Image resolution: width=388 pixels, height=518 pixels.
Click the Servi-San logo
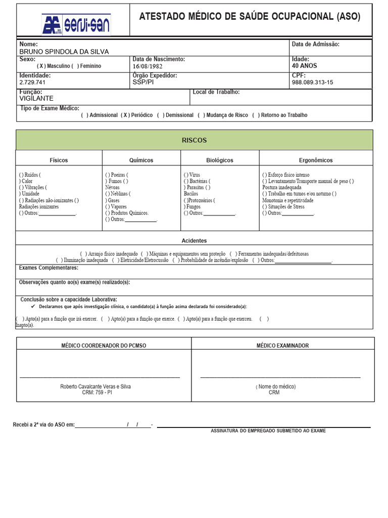coord(76,24)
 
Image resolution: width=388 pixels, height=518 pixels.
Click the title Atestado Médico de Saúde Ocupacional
coord(250,17)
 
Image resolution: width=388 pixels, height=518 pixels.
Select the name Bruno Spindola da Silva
coord(64,52)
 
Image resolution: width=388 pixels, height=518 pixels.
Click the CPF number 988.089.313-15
coord(312,82)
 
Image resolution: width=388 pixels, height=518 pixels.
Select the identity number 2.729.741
coord(32,82)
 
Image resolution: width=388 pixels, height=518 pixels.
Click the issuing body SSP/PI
coord(142,81)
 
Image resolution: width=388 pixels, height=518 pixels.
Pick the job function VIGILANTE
coord(36,98)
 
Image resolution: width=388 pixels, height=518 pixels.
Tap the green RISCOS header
coord(194,140)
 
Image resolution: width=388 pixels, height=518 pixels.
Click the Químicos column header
coord(141,160)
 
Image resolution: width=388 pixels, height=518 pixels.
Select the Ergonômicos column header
coord(316,160)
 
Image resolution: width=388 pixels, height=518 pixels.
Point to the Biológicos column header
coord(220,160)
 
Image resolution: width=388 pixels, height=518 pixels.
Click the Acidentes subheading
coord(194,241)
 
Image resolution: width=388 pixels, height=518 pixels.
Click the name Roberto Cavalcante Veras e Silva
coord(95,386)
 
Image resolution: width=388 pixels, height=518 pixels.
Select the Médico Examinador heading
coord(282,346)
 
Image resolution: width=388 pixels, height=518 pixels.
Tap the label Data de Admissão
coord(316,44)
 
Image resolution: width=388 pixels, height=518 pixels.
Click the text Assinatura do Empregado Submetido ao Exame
coord(268,431)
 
